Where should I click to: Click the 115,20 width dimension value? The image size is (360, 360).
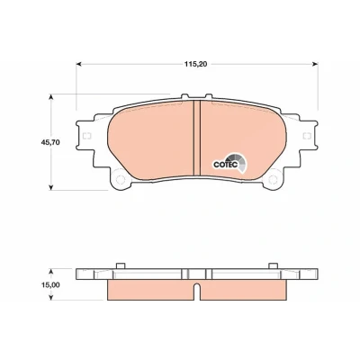point(195,64)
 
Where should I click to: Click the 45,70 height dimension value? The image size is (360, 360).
point(50,142)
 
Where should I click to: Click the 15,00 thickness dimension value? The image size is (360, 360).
point(50,285)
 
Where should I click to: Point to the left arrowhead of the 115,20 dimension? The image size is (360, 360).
point(78,64)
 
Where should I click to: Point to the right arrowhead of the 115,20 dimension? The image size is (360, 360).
point(315,64)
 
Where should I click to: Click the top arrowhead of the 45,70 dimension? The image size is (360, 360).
point(51,97)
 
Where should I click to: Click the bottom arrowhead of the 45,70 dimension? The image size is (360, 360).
point(51,187)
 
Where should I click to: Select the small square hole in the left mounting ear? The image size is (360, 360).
point(86,136)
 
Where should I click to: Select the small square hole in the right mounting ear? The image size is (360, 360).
point(307,136)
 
